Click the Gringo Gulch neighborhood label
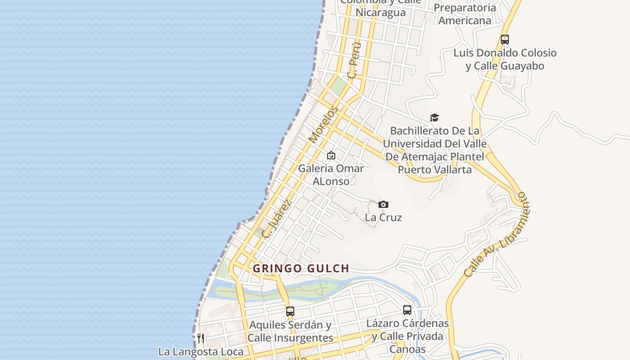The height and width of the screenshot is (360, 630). tap(301, 269)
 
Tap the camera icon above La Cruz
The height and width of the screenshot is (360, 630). tap(383, 205)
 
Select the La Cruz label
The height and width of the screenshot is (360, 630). tap(383, 217)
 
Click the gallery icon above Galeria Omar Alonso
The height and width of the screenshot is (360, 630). tap(331, 155)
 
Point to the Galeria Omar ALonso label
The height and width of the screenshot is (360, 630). tap(331, 175)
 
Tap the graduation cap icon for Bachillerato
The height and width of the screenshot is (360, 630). tap(434, 118)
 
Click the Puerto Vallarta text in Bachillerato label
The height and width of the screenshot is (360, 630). tap(434, 170)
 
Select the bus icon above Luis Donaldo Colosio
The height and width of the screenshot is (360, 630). tap(505, 40)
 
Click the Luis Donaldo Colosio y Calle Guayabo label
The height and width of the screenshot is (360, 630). tap(504, 59)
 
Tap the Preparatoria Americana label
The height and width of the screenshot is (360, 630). tap(465, 14)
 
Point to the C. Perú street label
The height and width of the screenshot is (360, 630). tap(355, 61)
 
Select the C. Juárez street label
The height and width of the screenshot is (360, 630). tap(276, 219)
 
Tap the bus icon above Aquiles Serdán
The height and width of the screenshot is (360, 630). tap(290, 311)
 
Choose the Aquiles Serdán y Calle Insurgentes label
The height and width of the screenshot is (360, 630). tap(290, 331)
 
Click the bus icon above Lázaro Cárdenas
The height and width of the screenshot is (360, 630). tap(407, 310)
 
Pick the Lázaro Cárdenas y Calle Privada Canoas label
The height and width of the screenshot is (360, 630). tap(407, 336)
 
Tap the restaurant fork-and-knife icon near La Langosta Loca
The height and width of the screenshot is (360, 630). tap(201, 338)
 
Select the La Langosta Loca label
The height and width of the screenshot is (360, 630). tap(201, 351)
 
